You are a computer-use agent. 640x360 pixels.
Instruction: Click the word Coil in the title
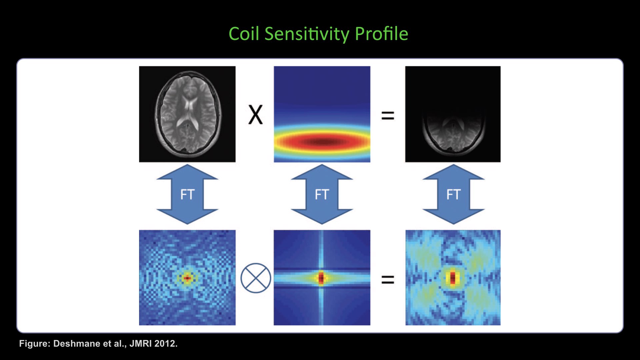click(x=244, y=34)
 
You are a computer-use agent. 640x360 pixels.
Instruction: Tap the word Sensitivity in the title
click(x=307, y=34)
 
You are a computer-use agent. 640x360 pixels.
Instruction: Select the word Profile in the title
click(x=381, y=34)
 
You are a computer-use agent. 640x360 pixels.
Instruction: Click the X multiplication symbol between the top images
click(x=256, y=115)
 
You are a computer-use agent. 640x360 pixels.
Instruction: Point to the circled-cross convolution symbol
click(x=256, y=278)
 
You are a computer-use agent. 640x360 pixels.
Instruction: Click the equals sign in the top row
click(x=388, y=116)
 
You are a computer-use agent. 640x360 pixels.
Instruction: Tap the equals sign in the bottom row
click(x=388, y=279)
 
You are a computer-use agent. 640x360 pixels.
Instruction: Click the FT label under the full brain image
click(x=187, y=194)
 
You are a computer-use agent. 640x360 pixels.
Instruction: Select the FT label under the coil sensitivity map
click(x=322, y=194)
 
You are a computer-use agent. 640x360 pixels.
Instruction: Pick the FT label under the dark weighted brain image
click(x=453, y=194)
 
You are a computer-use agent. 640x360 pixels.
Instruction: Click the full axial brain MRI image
click(x=188, y=114)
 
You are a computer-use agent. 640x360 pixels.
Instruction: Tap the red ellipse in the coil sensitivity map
click(x=322, y=142)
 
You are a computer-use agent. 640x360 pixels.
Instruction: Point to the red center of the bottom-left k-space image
click(x=187, y=278)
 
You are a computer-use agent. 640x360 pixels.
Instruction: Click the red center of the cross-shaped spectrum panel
click(x=321, y=277)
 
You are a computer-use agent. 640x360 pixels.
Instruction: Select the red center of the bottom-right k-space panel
click(x=453, y=278)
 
